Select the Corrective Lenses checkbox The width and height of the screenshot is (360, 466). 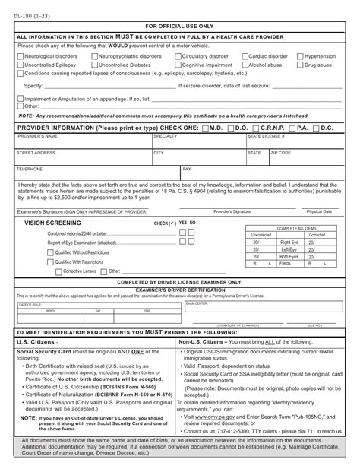tap(57, 271)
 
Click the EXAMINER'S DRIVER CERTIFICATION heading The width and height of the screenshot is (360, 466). tap(180, 290)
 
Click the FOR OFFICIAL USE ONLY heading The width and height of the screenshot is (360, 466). tap(180, 25)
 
